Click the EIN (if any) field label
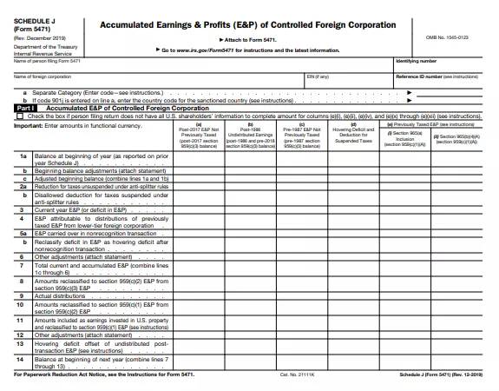[318, 78]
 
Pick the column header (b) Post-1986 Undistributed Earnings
[247, 137]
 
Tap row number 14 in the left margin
[21, 358]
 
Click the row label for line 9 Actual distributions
[62, 295]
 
